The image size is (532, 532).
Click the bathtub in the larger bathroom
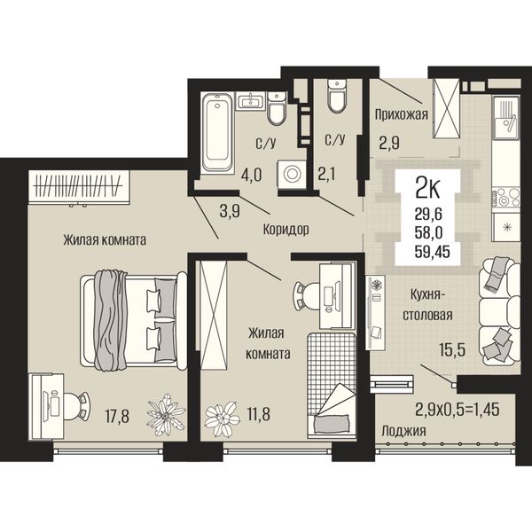tap(217, 131)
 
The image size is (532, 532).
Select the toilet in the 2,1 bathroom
tap(337, 96)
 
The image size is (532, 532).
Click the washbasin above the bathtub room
tap(250, 100)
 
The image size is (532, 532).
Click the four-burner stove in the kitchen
tap(506, 198)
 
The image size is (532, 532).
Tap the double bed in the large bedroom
tap(134, 320)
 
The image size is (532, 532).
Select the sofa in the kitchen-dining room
tap(499, 311)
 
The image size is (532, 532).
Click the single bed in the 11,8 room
tap(332, 386)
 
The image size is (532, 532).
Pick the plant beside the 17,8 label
tap(166, 415)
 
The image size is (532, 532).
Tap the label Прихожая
tap(401, 115)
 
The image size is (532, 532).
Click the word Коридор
tap(286, 230)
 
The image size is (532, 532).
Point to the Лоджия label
tap(403, 431)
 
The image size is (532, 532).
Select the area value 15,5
tap(452, 349)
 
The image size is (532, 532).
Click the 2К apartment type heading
tap(427, 190)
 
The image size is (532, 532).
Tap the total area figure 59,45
tap(433, 252)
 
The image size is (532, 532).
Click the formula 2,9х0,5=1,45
tap(458, 410)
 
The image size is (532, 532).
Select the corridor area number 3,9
tap(230, 212)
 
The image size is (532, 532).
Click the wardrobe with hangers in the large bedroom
tap(79, 187)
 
